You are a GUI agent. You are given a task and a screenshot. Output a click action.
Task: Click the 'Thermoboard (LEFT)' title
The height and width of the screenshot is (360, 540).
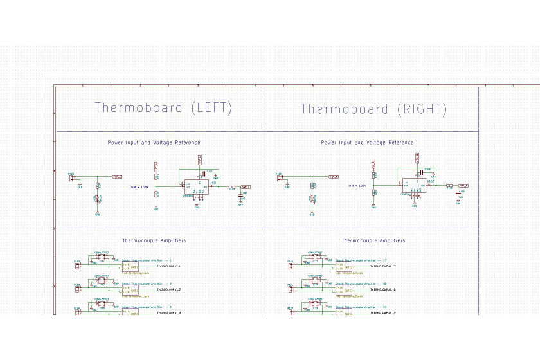[x=163, y=107]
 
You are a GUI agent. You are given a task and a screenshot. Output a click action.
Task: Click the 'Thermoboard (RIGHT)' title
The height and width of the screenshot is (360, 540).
[x=373, y=109]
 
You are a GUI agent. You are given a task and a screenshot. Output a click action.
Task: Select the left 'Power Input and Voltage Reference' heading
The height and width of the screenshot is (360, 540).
[x=154, y=143]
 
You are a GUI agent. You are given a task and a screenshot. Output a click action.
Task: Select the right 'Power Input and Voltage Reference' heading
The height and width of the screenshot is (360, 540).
[x=367, y=143]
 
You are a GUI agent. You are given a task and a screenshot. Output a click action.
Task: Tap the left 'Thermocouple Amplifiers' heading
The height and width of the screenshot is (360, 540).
[x=154, y=240]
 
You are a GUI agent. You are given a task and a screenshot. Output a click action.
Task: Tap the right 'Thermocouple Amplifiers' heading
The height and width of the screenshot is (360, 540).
[x=373, y=240]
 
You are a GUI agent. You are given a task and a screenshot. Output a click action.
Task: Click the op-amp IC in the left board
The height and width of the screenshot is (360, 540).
[x=197, y=186]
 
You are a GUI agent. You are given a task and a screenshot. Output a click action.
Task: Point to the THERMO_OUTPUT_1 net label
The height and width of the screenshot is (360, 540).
[x=169, y=266]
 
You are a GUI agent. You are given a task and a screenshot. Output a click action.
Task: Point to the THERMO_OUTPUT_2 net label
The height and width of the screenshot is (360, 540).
[x=169, y=290]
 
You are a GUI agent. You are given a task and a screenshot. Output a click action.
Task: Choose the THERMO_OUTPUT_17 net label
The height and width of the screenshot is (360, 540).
[x=382, y=266]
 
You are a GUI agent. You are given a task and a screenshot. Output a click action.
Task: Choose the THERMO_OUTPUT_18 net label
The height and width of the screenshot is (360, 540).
[x=382, y=290]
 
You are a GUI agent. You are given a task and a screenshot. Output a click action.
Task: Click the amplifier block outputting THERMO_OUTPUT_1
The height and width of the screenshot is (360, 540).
[x=131, y=266]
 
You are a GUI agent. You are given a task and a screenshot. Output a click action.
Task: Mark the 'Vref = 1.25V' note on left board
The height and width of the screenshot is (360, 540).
[x=139, y=186]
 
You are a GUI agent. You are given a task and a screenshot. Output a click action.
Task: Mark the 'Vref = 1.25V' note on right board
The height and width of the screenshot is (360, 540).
[x=357, y=186]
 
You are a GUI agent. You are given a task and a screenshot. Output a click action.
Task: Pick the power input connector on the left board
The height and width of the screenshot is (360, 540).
[x=72, y=177]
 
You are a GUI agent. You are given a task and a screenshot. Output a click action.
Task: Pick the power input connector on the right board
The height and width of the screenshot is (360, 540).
[x=280, y=177]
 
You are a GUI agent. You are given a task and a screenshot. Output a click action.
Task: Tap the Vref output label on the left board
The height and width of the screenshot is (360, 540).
[x=245, y=186]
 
